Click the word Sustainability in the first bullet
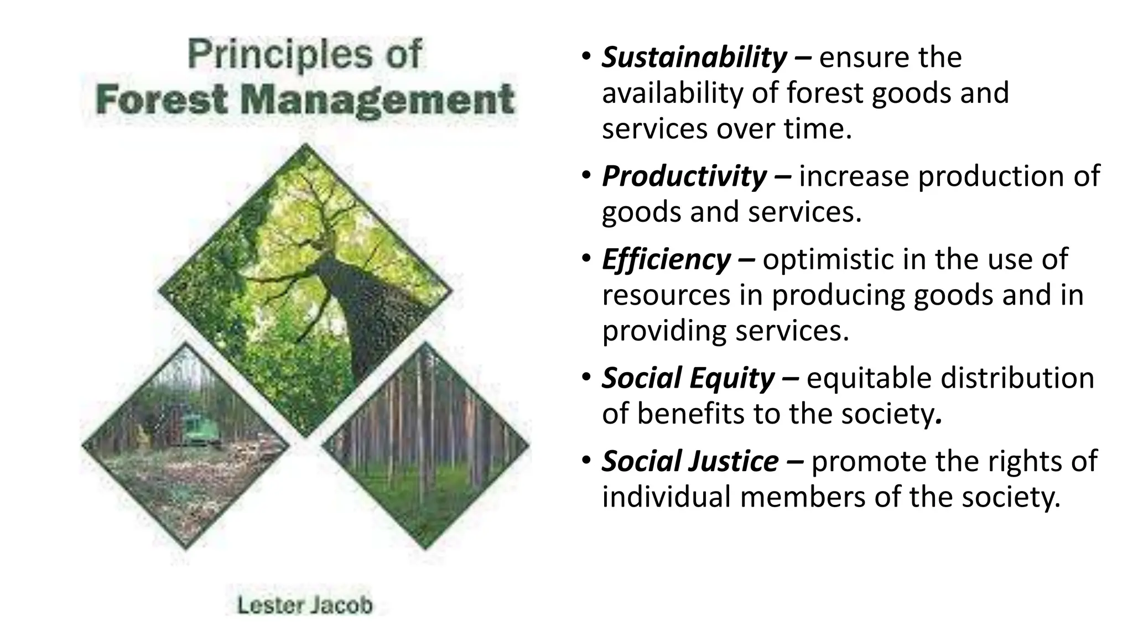point(694,58)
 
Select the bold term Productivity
point(684,176)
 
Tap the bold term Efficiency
point(666,259)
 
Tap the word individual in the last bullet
point(666,497)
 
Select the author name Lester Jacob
point(305,605)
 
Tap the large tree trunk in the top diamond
point(354,310)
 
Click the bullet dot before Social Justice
point(586,460)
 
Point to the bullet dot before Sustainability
point(586,57)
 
